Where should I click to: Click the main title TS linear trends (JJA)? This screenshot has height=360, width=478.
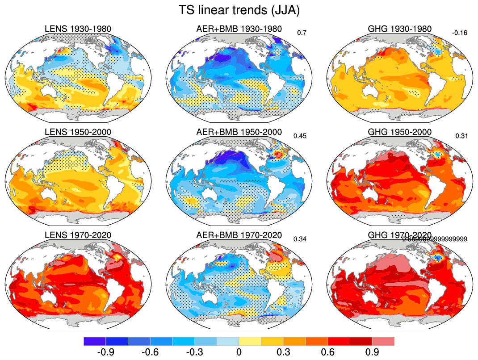pyautogui.click(x=239, y=10)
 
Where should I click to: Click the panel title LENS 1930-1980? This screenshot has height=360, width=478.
pyautogui.click(x=78, y=29)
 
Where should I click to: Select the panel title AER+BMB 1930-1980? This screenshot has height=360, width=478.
pyautogui.click(x=239, y=29)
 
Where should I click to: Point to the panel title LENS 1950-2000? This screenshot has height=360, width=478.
pyautogui.click(x=78, y=132)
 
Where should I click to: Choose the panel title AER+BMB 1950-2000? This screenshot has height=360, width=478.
pyautogui.click(x=239, y=132)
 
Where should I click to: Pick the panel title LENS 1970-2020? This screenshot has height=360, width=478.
pyautogui.click(x=78, y=235)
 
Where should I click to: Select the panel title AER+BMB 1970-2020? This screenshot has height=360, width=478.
pyautogui.click(x=239, y=235)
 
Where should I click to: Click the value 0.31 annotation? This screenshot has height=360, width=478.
pyautogui.click(x=461, y=136)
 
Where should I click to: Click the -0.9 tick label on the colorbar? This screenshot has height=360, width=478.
pyautogui.click(x=105, y=352)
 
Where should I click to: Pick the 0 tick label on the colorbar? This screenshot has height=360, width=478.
pyautogui.click(x=239, y=352)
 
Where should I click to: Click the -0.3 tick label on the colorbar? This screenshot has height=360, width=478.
pyautogui.click(x=194, y=352)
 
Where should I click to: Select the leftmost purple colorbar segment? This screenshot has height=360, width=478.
pyautogui.click(x=95, y=341)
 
